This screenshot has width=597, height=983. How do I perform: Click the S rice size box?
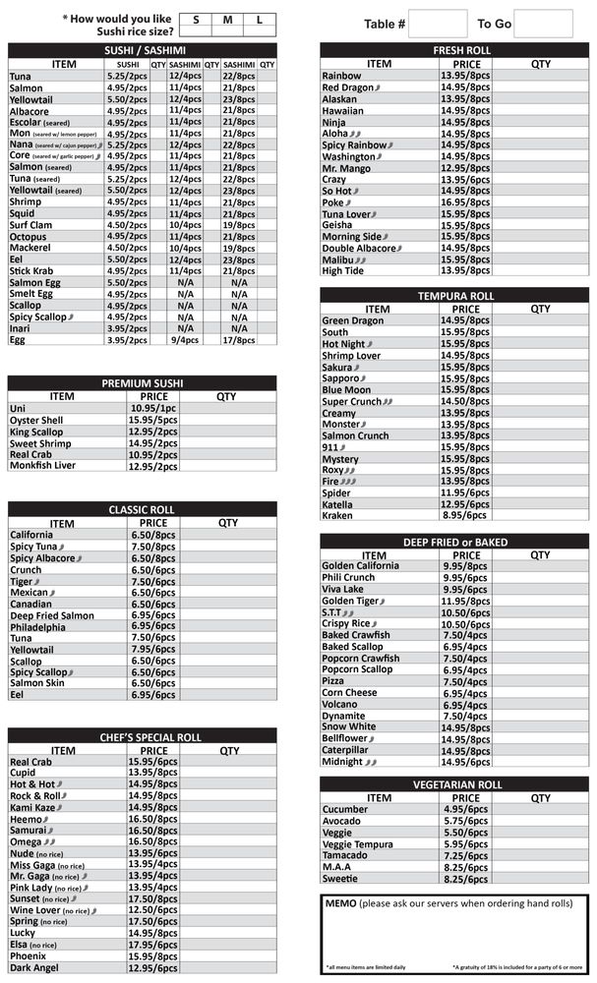(x=196, y=20)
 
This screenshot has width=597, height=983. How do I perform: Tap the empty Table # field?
(x=437, y=24)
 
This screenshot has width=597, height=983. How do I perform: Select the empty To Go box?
(x=543, y=24)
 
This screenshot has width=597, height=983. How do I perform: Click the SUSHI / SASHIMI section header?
(x=144, y=50)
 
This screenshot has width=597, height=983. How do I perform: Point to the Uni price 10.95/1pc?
(x=153, y=408)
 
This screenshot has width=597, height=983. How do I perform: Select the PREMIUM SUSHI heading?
(x=144, y=382)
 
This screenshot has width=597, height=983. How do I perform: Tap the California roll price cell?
(x=153, y=536)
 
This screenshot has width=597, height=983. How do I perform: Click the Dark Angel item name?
(x=36, y=968)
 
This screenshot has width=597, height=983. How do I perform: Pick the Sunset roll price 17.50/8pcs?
(x=153, y=898)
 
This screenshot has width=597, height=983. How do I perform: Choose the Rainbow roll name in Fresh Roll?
(x=342, y=76)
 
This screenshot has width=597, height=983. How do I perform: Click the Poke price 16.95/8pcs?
(x=465, y=202)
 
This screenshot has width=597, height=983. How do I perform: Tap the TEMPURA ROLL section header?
(x=454, y=296)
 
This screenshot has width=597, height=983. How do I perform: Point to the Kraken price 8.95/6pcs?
(x=465, y=515)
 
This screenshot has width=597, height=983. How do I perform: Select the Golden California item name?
(x=361, y=566)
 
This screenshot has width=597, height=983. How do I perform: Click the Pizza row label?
(x=335, y=681)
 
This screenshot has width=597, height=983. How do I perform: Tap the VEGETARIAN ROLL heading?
(x=454, y=784)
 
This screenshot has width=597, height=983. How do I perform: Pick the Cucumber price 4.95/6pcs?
(x=465, y=810)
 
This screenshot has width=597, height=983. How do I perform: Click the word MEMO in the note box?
(x=341, y=903)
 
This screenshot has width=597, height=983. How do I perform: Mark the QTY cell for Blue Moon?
(x=540, y=390)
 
